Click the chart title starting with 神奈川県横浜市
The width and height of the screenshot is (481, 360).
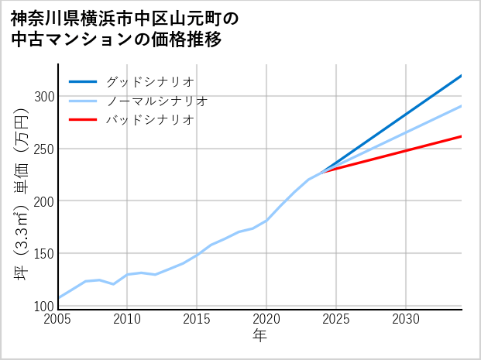click(124, 29)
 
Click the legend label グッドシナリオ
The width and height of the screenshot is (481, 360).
click(149, 82)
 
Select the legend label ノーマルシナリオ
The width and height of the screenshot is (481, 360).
click(156, 101)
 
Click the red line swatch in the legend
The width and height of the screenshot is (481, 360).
click(83, 120)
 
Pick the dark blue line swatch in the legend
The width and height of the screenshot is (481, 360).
click(83, 82)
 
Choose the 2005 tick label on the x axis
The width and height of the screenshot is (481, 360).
click(58, 320)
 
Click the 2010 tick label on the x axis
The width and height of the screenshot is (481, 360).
click(128, 320)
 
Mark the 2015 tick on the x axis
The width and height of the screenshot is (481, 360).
click(197, 320)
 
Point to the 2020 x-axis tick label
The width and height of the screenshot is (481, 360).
click(266, 320)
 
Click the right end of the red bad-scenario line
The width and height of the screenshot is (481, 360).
click(461, 136)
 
